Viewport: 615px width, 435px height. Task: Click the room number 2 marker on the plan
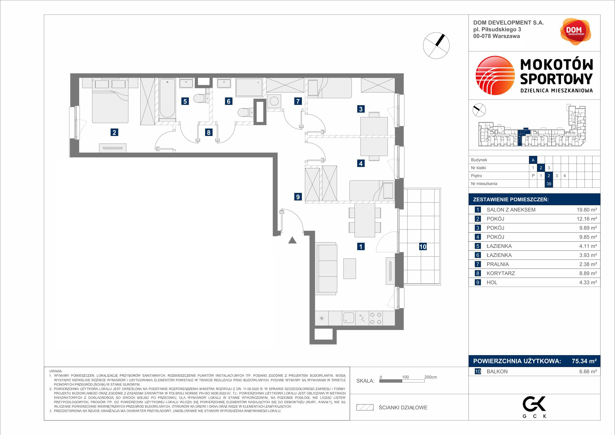[x=114, y=132]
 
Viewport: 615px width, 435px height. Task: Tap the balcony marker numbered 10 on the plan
[x=423, y=247]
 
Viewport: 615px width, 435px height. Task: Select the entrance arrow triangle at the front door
[x=292, y=240]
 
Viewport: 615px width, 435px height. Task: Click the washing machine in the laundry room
[x=274, y=101]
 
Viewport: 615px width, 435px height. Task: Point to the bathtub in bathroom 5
[x=167, y=99]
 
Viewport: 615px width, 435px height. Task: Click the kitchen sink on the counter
[x=349, y=318]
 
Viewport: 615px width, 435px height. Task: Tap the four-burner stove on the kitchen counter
[x=376, y=318]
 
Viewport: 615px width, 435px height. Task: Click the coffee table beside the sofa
[x=349, y=269]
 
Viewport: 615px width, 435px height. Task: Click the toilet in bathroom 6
[x=245, y=112]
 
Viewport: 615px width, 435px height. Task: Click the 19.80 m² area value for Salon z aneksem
[x=587, y=210]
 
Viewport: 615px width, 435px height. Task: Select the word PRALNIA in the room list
[x=498, y=264]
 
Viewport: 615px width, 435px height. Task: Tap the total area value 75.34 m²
[x=584, y=361]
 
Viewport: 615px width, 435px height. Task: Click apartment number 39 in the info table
[x=549, y=184]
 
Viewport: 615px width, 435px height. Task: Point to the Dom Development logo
[x=575, y=32]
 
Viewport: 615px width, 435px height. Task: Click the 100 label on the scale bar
[x=405, y=377]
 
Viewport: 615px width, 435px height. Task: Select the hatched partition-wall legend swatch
[x=365, y=407]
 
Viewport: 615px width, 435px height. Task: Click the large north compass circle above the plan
[x=436, y=45]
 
